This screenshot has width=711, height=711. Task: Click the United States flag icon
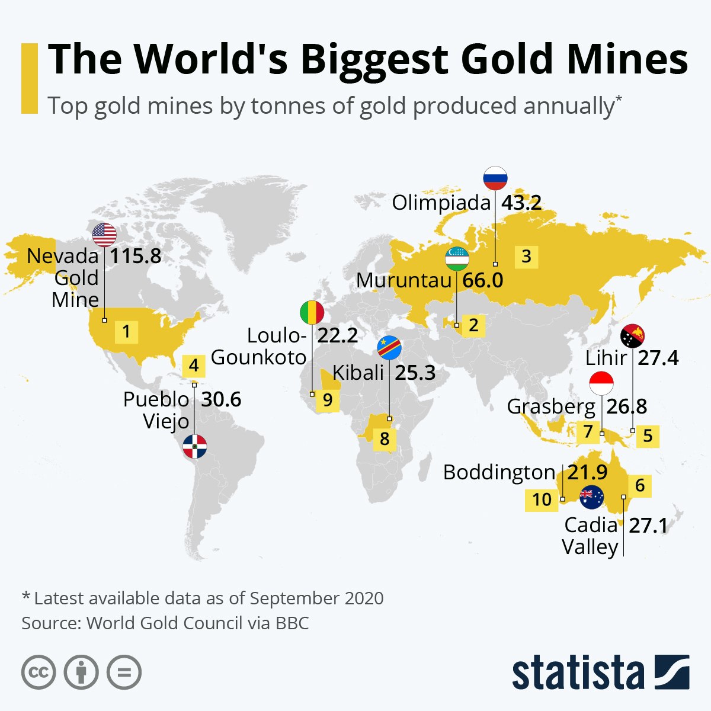105,235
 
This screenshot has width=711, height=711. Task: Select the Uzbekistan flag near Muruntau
457,259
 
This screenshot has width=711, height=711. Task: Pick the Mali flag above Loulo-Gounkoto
312,312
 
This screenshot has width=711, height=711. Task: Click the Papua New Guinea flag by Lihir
632,337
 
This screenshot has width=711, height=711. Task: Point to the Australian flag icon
591,497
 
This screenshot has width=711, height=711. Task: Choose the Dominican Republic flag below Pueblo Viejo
194,446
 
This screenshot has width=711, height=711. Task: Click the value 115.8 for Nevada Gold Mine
136,257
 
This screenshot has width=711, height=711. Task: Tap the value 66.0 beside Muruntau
482,280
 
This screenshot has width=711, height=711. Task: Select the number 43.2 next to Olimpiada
521,203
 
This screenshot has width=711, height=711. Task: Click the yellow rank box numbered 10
542,499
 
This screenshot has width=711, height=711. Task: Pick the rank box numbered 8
385,439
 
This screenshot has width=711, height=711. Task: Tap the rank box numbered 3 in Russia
526,257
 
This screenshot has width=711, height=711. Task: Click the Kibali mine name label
358,373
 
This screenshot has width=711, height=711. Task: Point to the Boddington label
499,473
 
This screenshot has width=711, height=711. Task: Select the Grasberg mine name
551,407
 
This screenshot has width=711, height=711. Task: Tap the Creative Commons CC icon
39,672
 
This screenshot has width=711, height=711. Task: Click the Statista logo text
578,672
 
